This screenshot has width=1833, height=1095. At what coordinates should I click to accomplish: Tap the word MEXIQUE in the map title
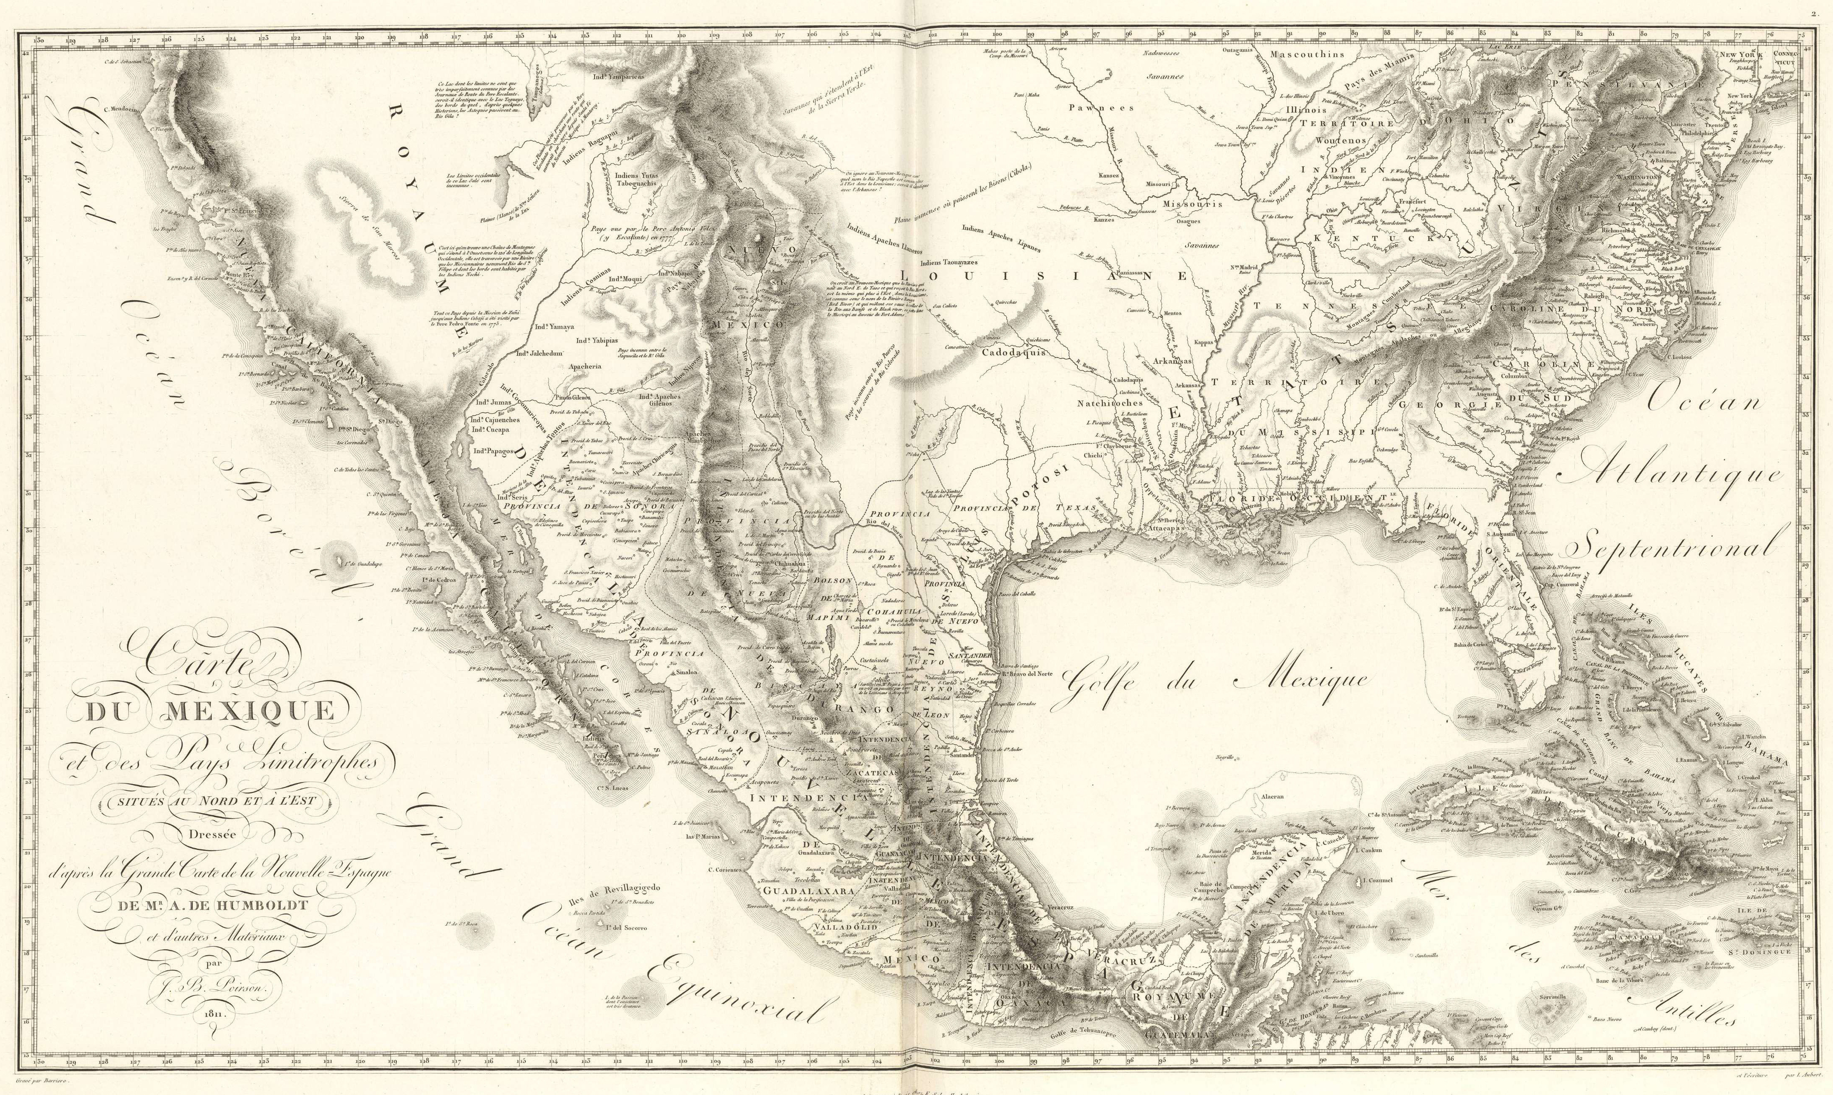click(x=251, y=711)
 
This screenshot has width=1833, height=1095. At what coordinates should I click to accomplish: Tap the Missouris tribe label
click(x=1192, y=204)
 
